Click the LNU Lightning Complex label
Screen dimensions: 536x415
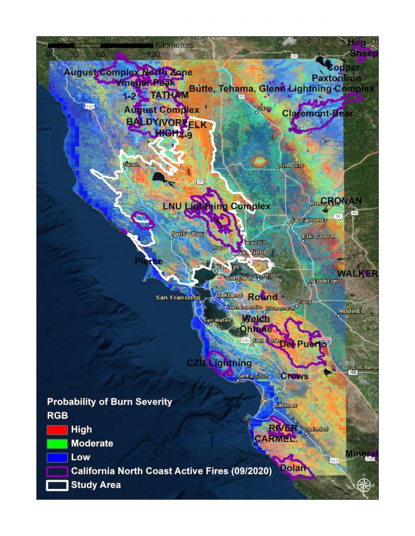click(216, 206)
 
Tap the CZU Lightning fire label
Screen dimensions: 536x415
click(219, 363)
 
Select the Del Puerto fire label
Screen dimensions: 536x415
click(303, 344)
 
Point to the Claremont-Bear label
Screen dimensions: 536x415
click(317, 114)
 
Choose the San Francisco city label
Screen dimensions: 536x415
click(178, 298)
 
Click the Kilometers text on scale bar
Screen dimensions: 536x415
click(174, 44)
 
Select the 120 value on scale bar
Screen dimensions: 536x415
click(153, 54)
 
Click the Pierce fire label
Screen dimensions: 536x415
click(149, 261)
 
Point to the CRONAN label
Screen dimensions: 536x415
click(341, 200)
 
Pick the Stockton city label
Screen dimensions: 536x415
click(324, 281)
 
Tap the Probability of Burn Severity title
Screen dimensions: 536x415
click(109, 402)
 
